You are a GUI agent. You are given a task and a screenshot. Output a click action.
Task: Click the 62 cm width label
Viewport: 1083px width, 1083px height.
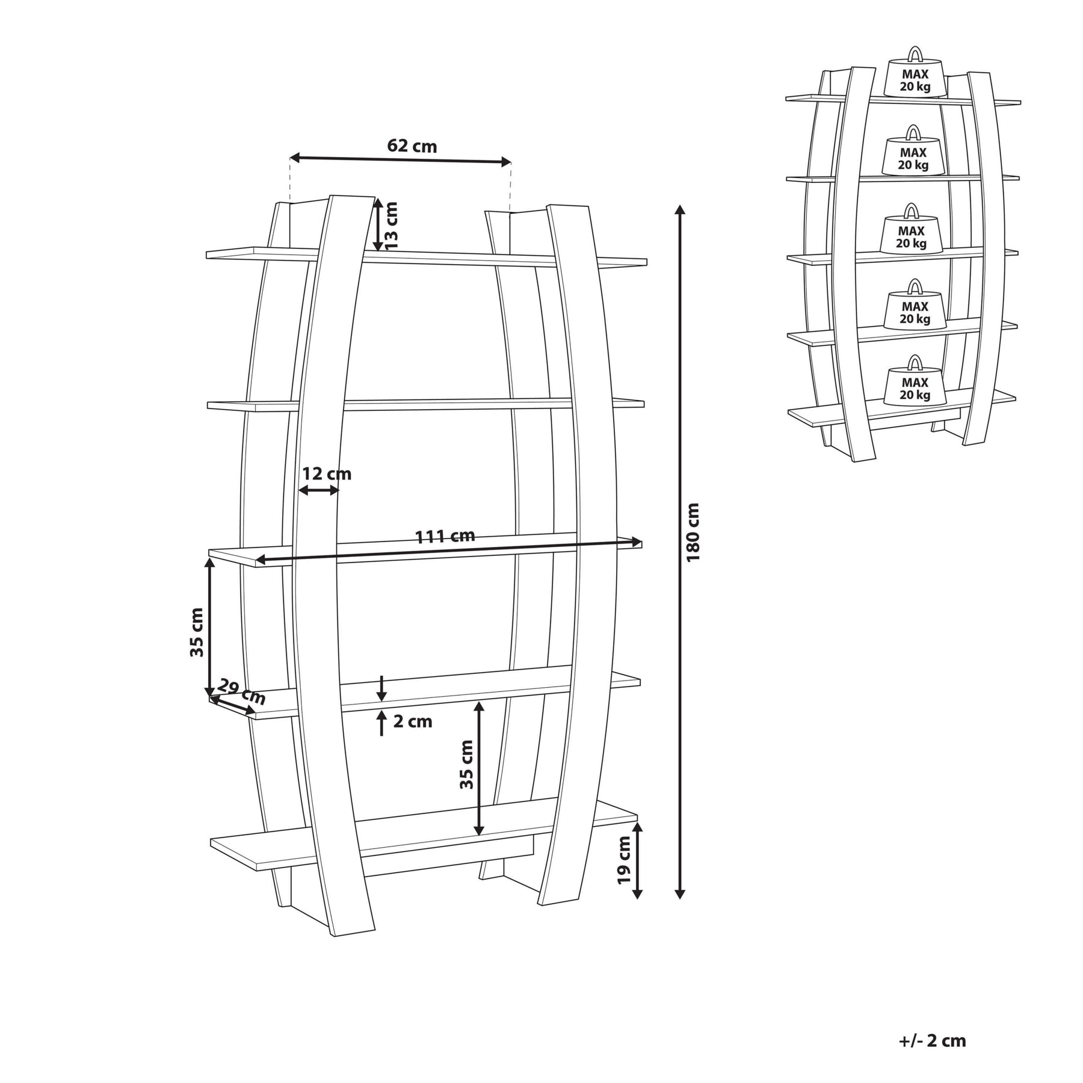pyautogui.click(x=412, y=146)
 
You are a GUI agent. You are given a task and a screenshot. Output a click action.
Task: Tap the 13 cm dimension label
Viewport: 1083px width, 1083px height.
pyautogui.click(x=391, y=226)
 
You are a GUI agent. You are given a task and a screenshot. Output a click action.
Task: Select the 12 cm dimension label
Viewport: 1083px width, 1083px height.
pyautogui.click(x=326, y=474)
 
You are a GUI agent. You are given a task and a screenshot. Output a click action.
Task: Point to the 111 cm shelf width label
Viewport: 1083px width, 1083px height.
pyautogui.click(x=445, y=536)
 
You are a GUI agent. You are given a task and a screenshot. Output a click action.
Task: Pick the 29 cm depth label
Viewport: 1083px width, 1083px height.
pyautogui.click(x=241, y=692)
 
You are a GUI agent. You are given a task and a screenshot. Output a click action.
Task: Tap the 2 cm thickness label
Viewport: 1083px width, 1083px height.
pyautogui.click(x=413, y=721)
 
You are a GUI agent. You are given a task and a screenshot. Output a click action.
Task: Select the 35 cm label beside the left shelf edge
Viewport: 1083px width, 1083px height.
pyautogui.click(x=197, y=632)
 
